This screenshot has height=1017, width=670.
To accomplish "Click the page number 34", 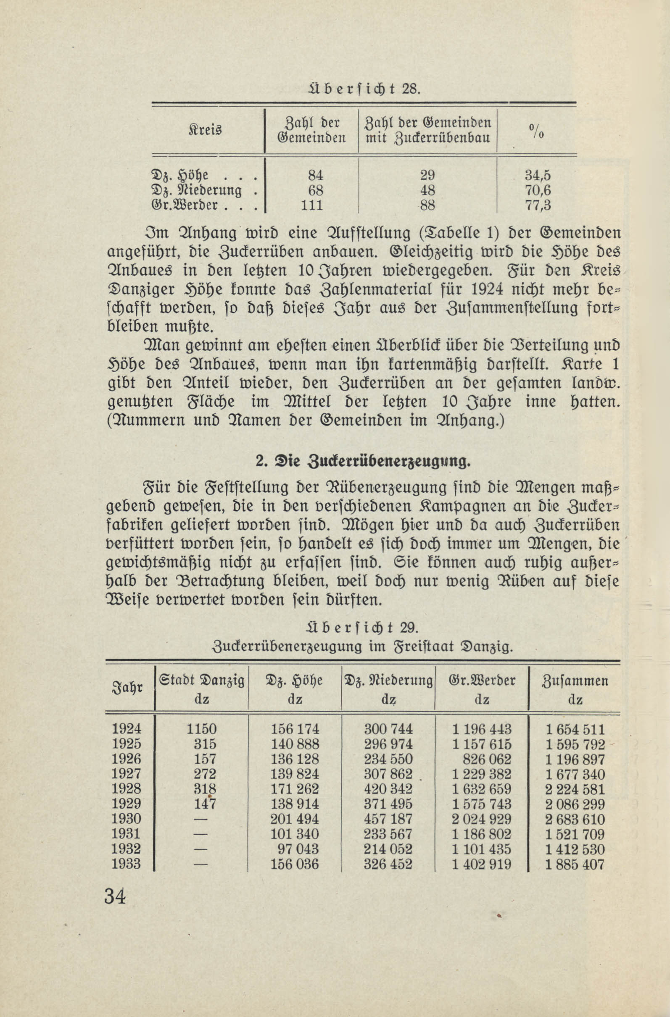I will (115, 896).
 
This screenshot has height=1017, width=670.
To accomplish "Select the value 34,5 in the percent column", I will (538, 176).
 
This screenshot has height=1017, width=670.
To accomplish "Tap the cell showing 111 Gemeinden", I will (312, 205).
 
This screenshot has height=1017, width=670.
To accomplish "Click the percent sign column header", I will (537, 131).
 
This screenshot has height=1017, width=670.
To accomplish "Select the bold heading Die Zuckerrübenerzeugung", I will (363, 462).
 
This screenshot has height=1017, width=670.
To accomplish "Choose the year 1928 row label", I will (126, 789).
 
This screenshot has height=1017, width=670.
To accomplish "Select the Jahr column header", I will (127, 688).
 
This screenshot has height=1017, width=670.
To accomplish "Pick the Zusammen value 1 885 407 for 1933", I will (575, 864).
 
